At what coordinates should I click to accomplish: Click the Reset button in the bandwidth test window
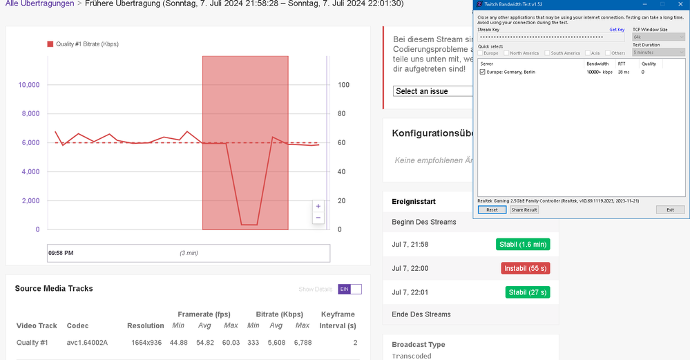pyautogui.click(x=492, y=209)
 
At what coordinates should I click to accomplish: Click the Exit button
pyautogui.click(x=670, y=209)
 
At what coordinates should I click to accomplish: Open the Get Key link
pyautogui.click(x=617, y=30)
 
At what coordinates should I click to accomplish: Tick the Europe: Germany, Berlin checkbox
pyautogui.click(x=482, y=72)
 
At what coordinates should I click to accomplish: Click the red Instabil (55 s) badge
pyautogui.click(x=526, y=268)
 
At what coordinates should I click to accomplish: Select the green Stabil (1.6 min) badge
pyautogui.click(x=523, y=244)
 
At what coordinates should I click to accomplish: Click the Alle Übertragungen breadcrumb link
pyautogui.click(x=39, y=3)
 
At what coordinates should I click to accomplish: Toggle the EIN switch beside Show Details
pyautogui.click(x=349, y=289)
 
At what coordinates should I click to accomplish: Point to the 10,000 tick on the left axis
pyautogui.click(x=28, y=85)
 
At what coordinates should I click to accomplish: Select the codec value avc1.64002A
pyautogui.click(x=87, y=342)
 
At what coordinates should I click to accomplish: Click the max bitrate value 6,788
pyautogui.click(x=302, y=342)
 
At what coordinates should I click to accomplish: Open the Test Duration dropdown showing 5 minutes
pyautogui.click(x=658, y=53)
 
